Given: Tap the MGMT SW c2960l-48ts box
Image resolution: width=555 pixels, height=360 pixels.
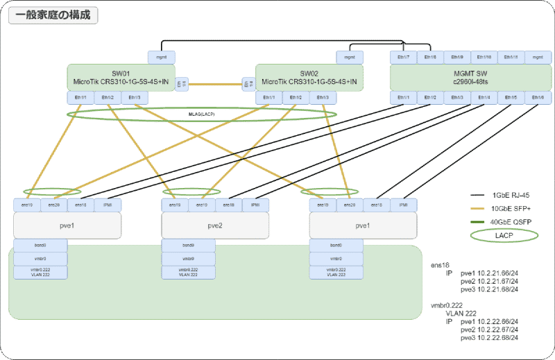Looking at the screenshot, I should [471, 77].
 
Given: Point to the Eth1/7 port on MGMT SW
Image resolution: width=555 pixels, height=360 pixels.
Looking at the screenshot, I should [404, 57].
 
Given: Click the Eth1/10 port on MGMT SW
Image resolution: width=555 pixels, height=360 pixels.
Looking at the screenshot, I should [484, 57].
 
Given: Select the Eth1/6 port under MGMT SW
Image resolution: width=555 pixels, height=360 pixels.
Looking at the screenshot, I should [538, 98].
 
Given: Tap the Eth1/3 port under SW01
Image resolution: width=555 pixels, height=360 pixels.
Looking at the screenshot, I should [135, 98].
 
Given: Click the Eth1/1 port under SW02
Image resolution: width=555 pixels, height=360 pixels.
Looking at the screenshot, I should [268, 98].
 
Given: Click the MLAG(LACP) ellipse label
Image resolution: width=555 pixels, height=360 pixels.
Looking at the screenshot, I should [201, 113].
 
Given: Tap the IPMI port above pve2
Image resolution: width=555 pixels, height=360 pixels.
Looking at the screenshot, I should [255, 205].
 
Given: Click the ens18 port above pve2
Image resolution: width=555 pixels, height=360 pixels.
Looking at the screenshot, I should [228, 205].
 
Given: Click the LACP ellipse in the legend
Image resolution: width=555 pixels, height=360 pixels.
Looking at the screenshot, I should [496, 235].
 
